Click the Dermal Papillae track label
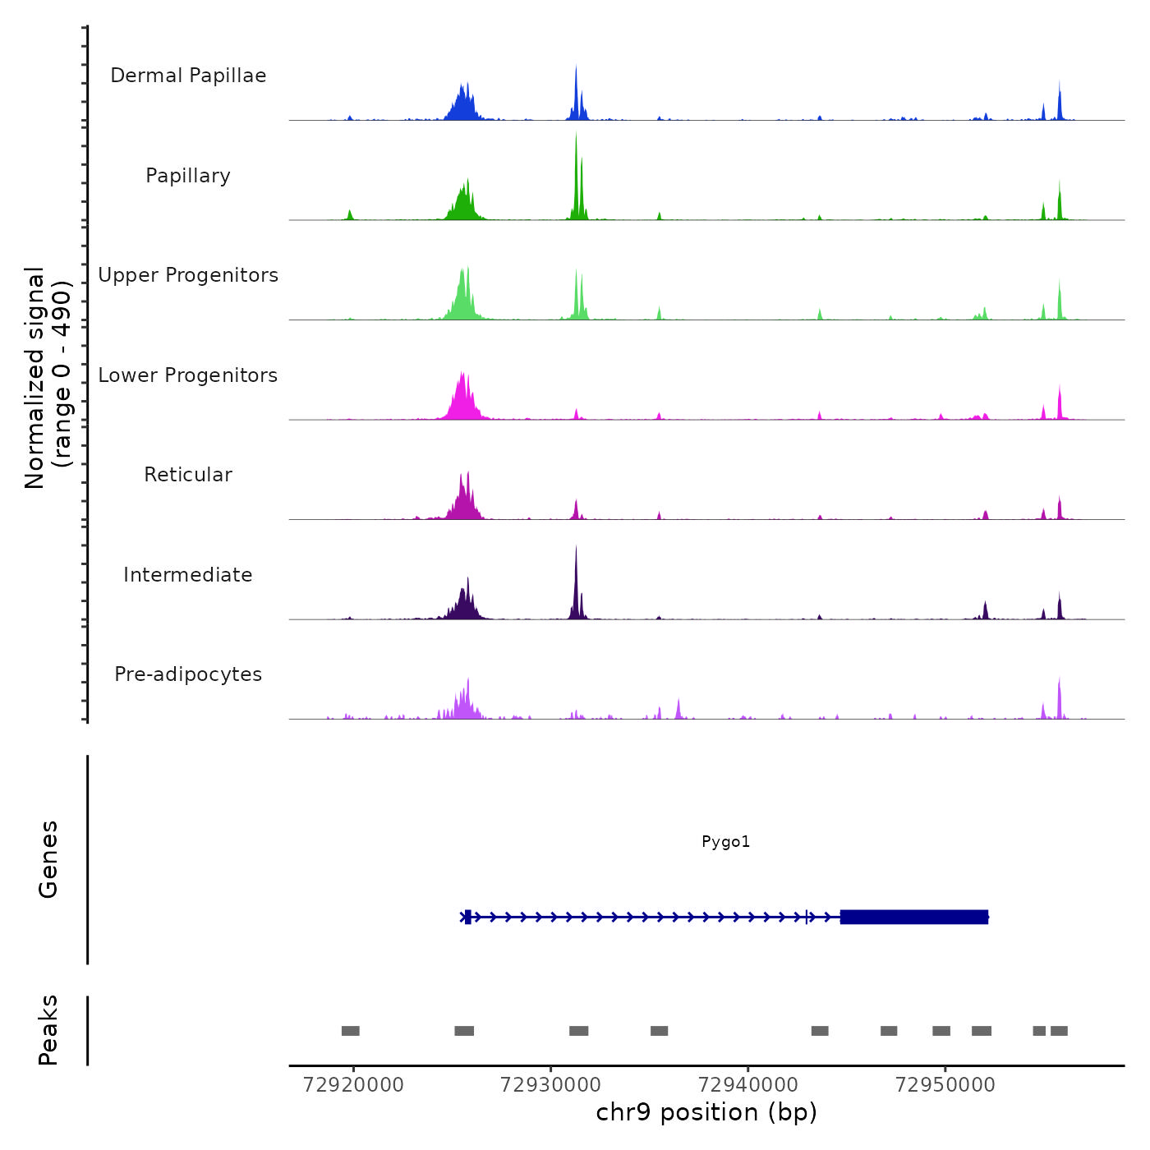click(188, 76)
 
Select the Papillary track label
click(188, 176)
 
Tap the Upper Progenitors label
click(188, 275)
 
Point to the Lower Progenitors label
click(188, 375)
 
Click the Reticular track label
click(188, 475)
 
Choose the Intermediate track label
click(188, 575)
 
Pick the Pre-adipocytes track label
click(188, 674)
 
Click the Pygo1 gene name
click(725, 842)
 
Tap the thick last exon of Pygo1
click(913, 917)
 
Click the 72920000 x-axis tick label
click(353, 1085)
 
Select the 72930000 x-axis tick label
click(550, 1085)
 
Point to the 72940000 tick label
click(747, 1085)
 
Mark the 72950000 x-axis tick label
click(945, 1085)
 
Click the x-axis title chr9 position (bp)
click(706, 1113)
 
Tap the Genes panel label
click(48, 859)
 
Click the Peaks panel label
click(48, 1030)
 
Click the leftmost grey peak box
click(351, 1031)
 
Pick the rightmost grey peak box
click(1059, 1031)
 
